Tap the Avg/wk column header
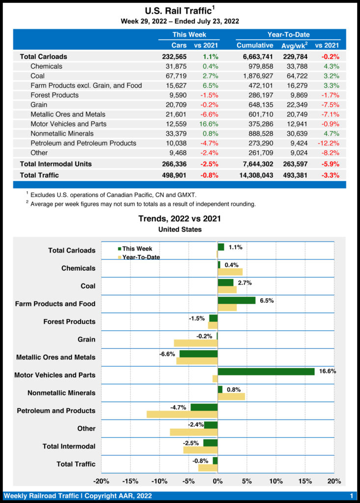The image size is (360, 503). click(294, 45)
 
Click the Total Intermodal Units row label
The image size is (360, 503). click(55, 164)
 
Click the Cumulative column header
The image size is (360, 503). click(255, 45)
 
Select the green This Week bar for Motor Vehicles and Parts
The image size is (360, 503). click(266, 371)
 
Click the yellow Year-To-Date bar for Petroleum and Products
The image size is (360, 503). click(182, 414)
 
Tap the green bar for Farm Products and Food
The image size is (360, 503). click(236, 300)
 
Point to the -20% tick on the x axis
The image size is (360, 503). click(101, 481)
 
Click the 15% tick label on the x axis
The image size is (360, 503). click(305, 481)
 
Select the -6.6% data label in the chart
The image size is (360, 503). click(167, 354)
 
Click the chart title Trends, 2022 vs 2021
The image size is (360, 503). click(180, 218)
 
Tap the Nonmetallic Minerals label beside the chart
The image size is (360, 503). click(61, 393)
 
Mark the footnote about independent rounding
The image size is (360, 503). click(143, 204)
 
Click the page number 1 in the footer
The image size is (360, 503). click(352, 496)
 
